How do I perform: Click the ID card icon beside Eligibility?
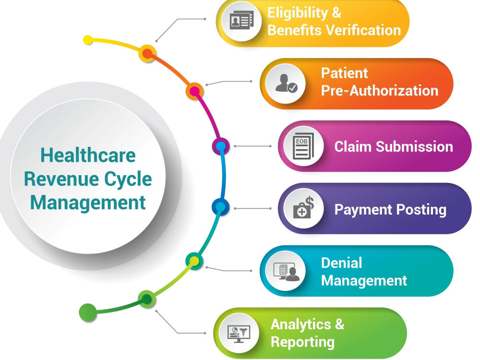coord(241,20)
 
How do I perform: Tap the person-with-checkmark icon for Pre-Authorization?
coord(286,83)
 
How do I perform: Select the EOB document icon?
coord(303,146)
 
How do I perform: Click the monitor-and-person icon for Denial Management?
coord(286,271)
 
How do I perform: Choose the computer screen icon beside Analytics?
coord(239,334)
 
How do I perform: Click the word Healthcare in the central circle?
coord(88,155)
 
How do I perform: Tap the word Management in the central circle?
coord(88,203)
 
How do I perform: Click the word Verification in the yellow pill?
coord(363,30)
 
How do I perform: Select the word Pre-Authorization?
coord(380,91)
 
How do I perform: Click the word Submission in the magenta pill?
coord(415,146)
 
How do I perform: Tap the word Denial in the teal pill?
coord(341,263)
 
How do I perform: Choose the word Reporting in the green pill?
coord(302,342)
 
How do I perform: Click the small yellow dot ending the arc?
coord(88,40)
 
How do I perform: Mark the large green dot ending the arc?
coord(88,312)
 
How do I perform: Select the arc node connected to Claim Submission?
coord(221,146)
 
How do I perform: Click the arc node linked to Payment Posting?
coord(220,207)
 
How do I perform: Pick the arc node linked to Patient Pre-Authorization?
coord(195,91)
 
